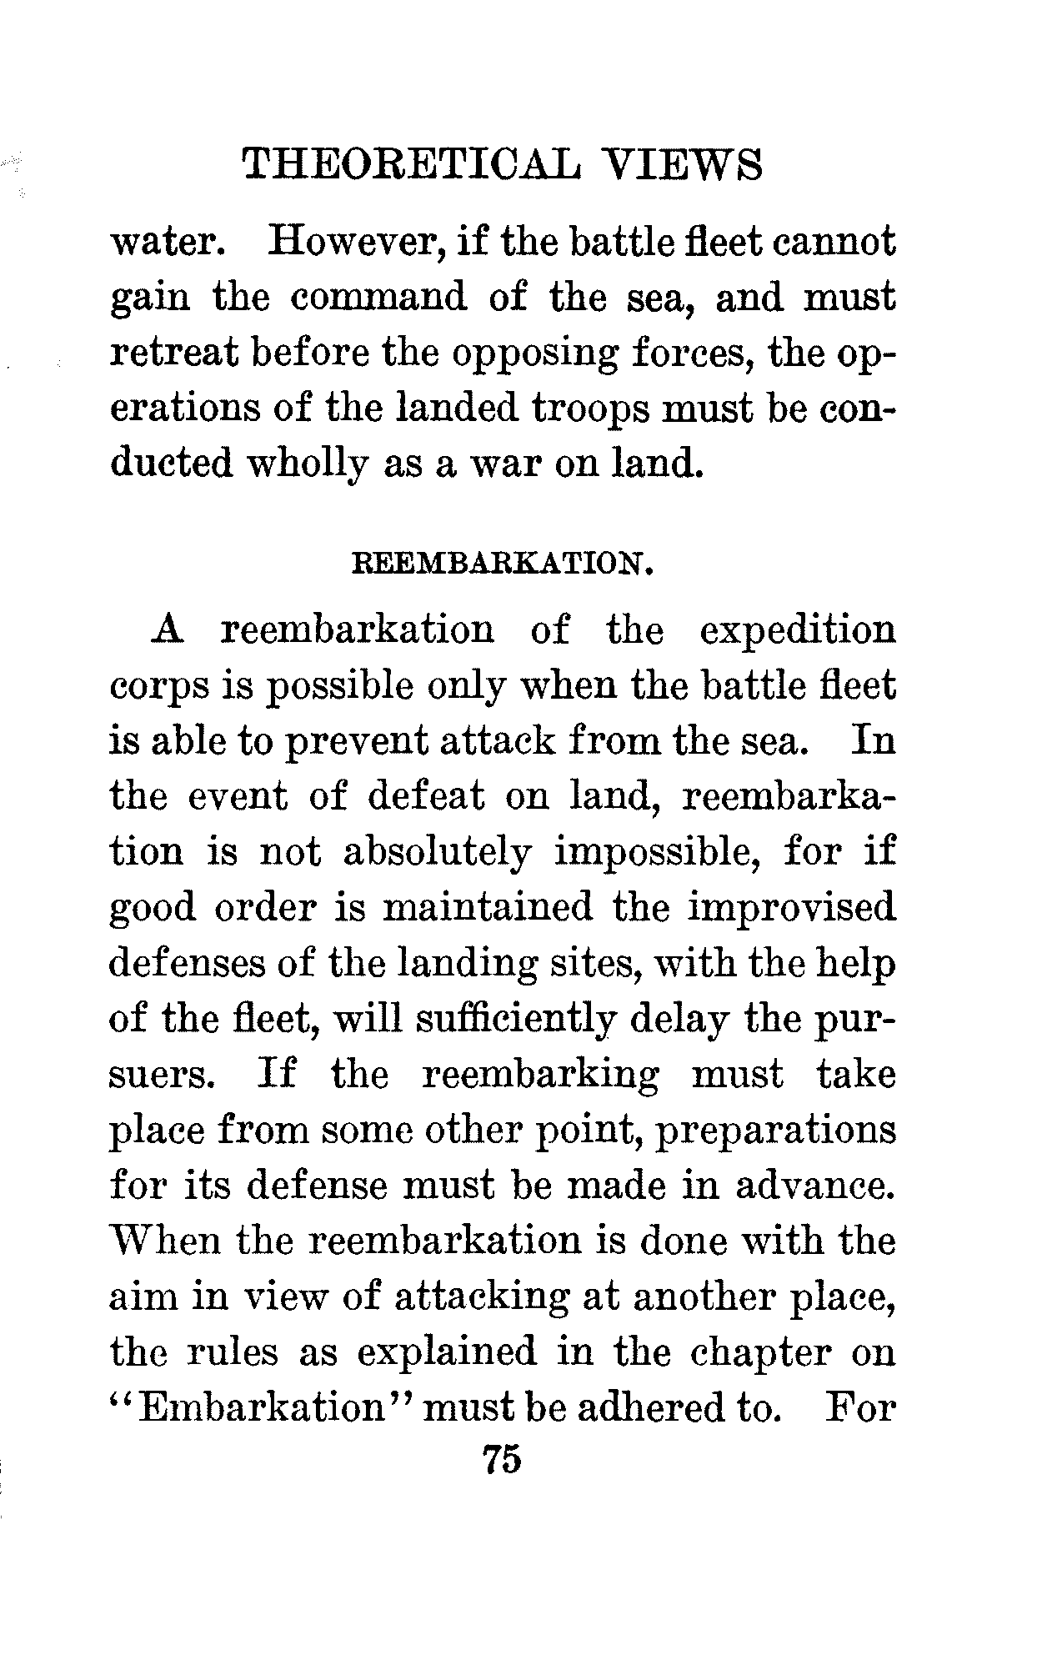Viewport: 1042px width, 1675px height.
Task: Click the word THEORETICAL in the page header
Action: click(408, 164)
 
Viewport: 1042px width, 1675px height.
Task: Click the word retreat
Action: click(170, 354)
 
